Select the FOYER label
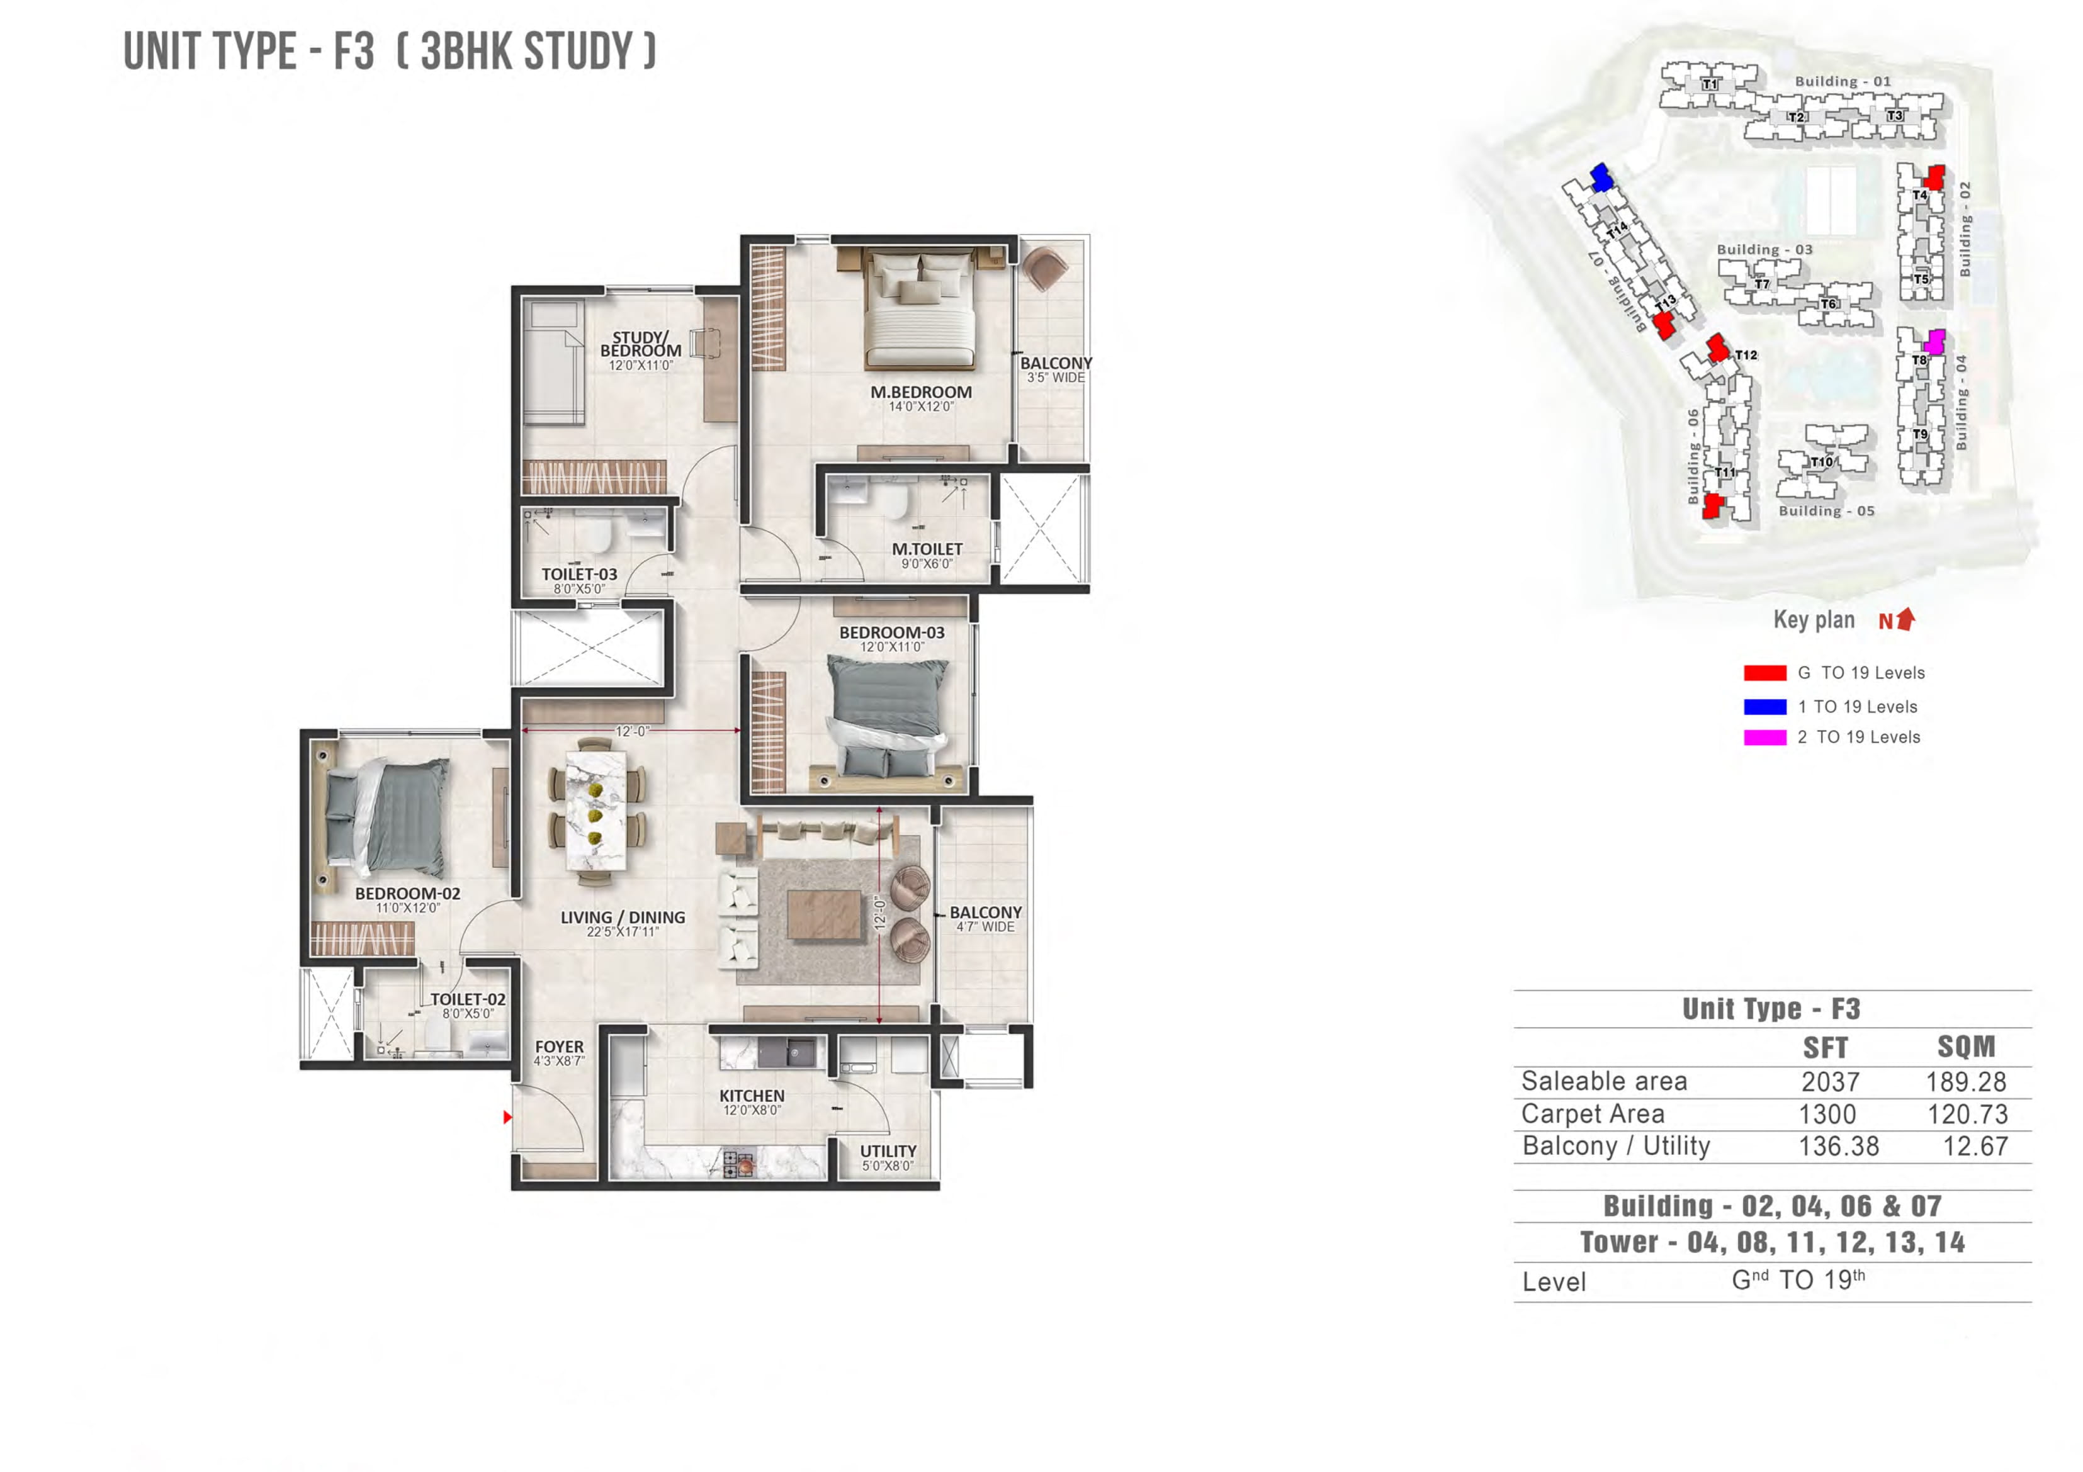[559, 1047]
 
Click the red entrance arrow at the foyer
[508, 1118]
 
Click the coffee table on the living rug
[824, 914]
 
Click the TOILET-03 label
[579, 574]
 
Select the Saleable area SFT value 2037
[1830, 1081]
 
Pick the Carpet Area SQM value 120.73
[1967, 1114]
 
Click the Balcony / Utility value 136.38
[1838, 1147]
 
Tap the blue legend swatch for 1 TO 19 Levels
[1764, 707]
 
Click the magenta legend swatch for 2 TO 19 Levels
[1764, 738]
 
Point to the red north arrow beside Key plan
[1905, 619]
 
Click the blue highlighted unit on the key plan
[1602, 177]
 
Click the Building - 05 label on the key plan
[1826, 510]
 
